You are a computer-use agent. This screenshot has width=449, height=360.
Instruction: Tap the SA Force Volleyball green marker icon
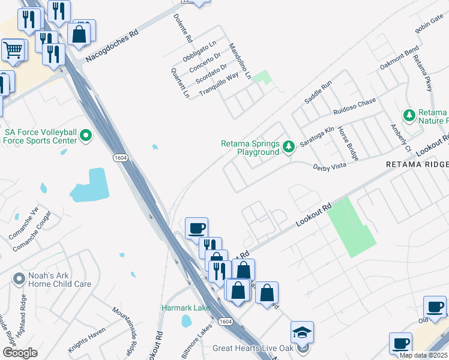(x=86, y=136)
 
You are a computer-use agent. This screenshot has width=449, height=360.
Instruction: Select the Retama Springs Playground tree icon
(x=289, y=146)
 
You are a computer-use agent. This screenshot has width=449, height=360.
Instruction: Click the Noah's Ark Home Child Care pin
(x=18, y=278)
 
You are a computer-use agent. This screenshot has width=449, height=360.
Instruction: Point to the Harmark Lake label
(x=186, y=308)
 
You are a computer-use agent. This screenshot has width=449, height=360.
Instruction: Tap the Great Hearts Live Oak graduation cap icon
(x=302, y=332)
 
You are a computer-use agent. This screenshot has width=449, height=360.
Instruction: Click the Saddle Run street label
(x=318, y=93)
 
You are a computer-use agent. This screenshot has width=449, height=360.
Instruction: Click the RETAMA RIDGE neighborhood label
(x=417, y=164)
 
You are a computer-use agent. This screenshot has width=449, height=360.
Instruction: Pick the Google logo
(x=20, y=353)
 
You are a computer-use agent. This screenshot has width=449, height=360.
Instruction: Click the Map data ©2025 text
(x=423, y=355)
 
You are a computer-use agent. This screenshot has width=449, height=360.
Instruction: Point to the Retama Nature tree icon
(x=409, y=115)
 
